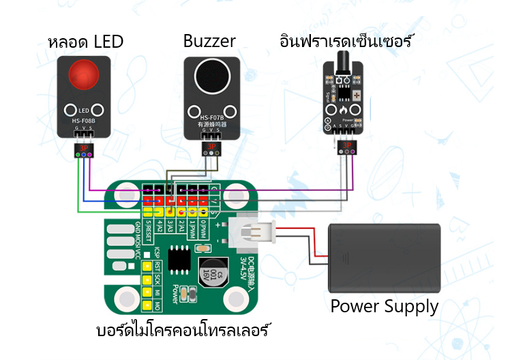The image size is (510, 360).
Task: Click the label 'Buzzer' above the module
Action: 209,41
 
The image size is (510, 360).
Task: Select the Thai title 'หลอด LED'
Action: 86,41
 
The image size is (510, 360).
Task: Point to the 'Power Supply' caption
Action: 384,306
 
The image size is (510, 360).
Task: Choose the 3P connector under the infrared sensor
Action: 346,147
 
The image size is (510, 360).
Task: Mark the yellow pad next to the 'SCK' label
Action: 146,279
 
